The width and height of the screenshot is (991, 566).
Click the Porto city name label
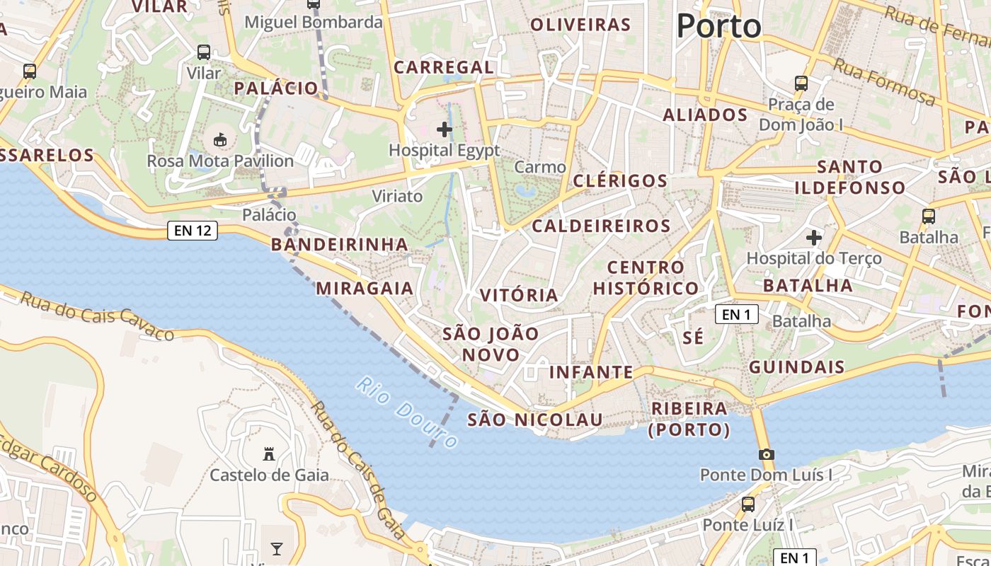pyautogui.click(x=718, y=27)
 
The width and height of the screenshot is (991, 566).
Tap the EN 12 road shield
pyautogui.click(x=193, y=230)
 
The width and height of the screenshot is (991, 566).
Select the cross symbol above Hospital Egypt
pyautogui.click(x=445, y=129)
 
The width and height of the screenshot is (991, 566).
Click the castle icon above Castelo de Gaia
pyautogui.click(x=269, y=453)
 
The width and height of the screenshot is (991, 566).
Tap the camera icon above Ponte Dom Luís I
pyautogui.click(x=766, y=454)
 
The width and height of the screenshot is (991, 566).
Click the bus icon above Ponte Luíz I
pyautogui.click(x=747, y=504)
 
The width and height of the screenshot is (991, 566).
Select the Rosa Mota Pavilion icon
pyautogui.click(x=220, y=140)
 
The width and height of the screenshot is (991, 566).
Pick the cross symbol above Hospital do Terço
pyautogui.click(x=814, y=238)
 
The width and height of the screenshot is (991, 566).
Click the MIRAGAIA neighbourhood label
pyautogui.click(x=365, y=288)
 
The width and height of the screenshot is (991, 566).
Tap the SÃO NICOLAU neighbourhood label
pyautogui.click(x=535, y=420)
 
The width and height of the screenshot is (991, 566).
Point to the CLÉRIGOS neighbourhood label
pyautogui.click(x=620, y=180)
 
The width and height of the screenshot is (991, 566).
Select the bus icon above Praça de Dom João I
pyautogui.click(x=801, y=83)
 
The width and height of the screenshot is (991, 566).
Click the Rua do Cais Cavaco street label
pyautogui.click(x=97, y=316)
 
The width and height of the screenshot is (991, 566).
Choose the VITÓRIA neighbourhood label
pyautogui.click(x=519, y=295)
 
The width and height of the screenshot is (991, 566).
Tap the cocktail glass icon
pyautogui.click(x=276, y=548)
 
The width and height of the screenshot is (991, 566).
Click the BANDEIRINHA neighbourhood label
pyautogui.click(x=340, y=245)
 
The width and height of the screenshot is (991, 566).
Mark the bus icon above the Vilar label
pyautogui.click(x=204, y=52)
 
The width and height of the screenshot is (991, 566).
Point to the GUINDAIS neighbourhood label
pyautogui.click(x=797, y=366)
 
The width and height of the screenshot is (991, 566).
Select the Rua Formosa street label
pyautogui.click(x=884, y=81)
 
